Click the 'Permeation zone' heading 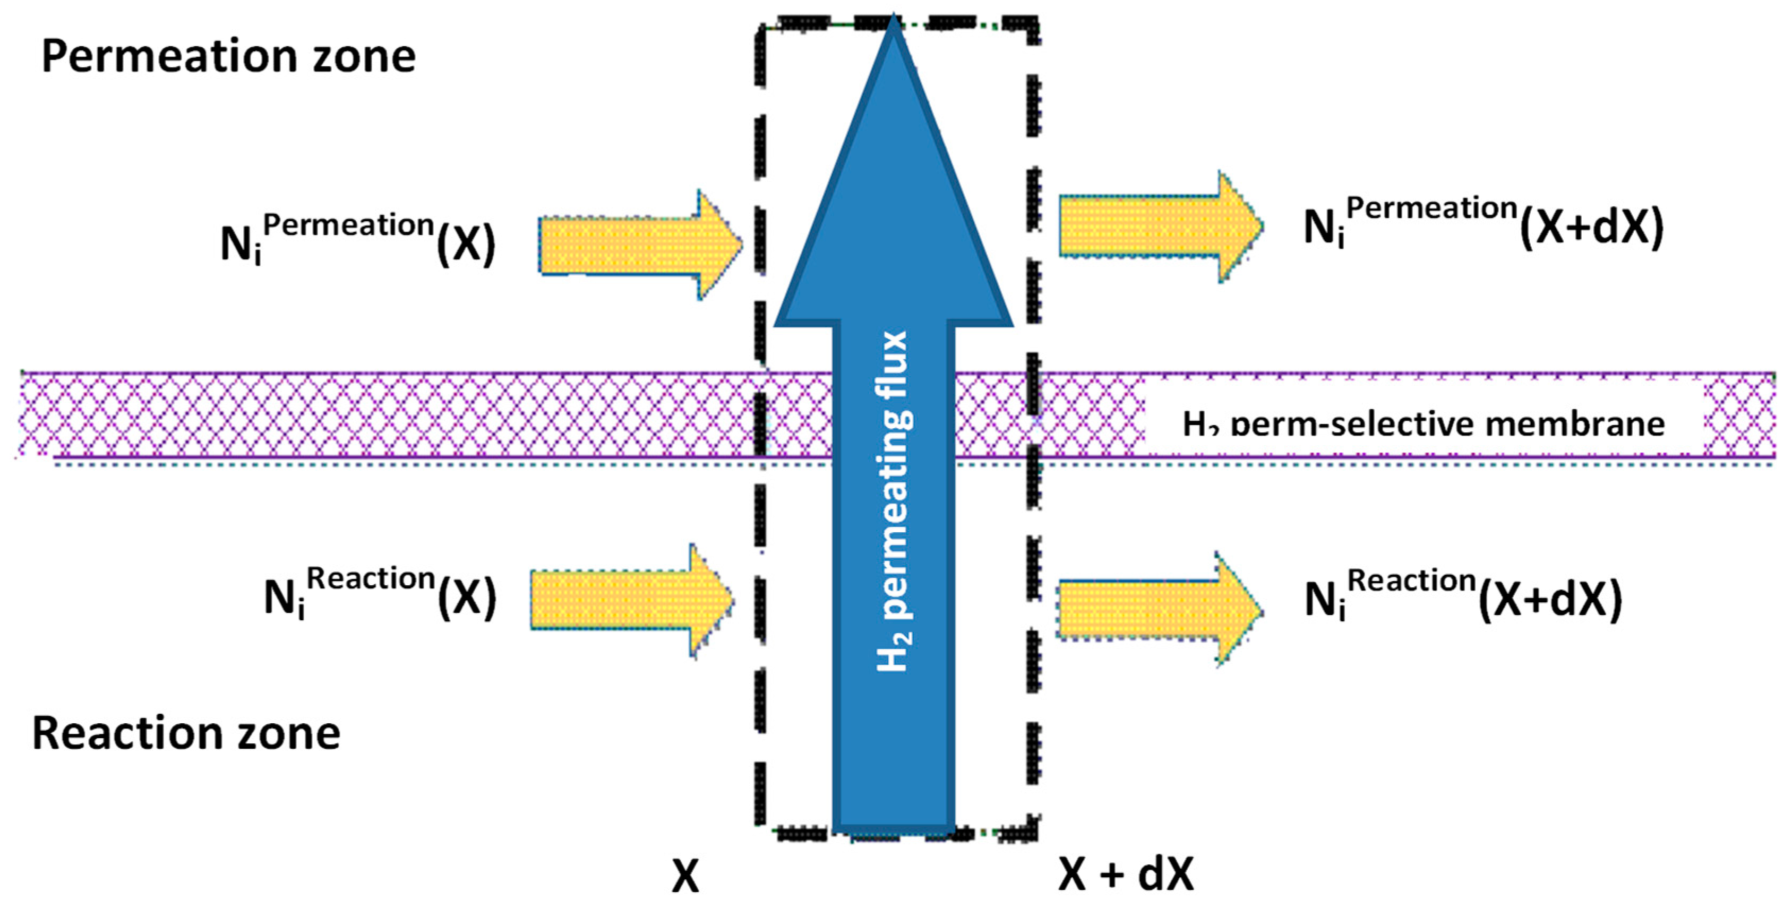tap(228, 56)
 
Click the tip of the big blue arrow tap(893, 28)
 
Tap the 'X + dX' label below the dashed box tap(1126, 873)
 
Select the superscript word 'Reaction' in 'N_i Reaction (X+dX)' tap(1412, 580)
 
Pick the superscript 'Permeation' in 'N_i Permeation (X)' tap(348, 224)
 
